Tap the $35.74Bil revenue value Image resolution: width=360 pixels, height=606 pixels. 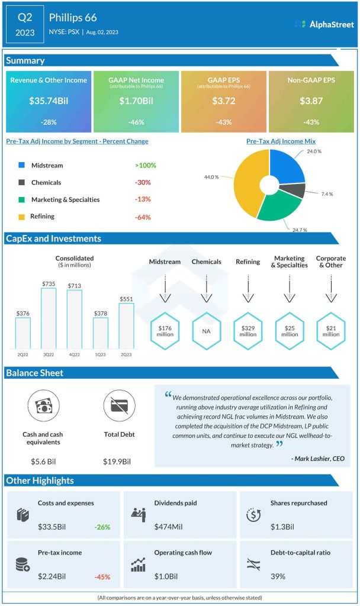(49, 101)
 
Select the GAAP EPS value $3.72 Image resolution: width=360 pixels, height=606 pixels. (223, 101)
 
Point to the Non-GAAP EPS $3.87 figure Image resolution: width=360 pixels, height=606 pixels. (311, 101)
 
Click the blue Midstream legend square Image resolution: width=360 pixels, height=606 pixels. (21, 166)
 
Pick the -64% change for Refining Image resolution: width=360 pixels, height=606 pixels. (142, 217)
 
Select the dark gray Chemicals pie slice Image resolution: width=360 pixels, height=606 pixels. (297, 189)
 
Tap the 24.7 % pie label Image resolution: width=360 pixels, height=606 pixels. (299, 229)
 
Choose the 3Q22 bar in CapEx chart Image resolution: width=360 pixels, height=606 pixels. (49, 319)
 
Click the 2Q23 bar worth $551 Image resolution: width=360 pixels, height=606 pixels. (127, 327)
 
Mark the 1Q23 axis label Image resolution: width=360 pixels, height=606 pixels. (101, 355)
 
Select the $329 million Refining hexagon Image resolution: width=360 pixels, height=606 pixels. (247, 331)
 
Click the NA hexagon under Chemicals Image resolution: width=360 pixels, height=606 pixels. (206, 331)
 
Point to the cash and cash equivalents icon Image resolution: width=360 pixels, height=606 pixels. (43, 406)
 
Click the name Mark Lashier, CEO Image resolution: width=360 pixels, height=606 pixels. (317, 458)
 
